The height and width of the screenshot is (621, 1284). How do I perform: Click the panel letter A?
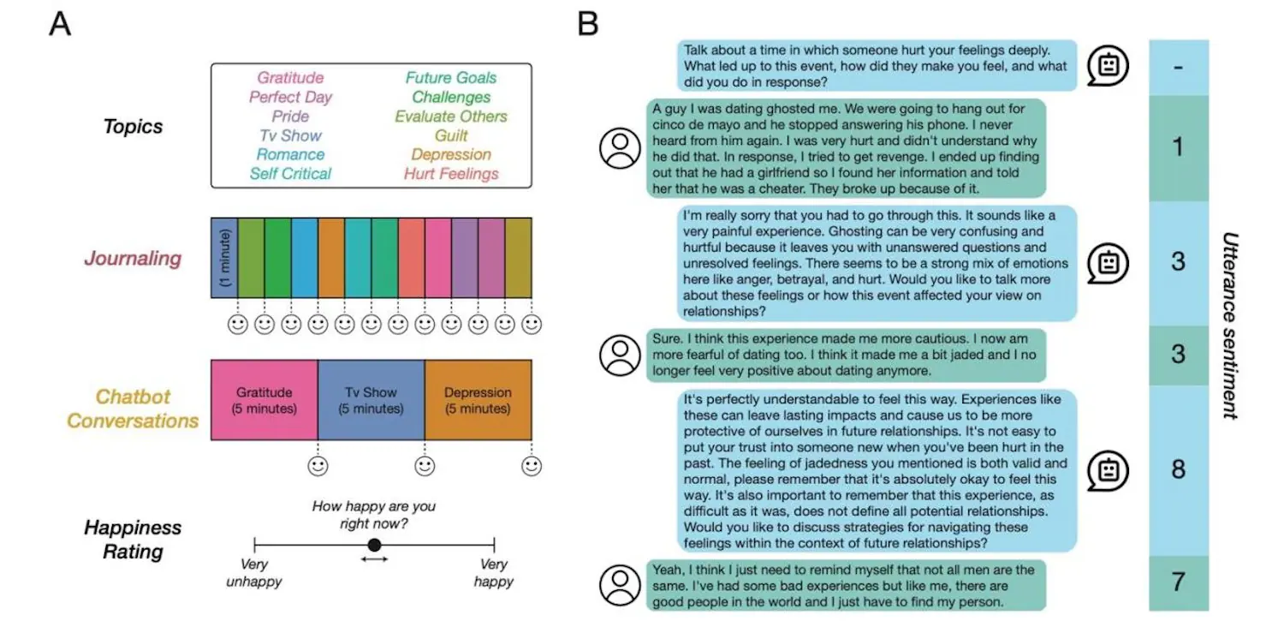coord(60,24)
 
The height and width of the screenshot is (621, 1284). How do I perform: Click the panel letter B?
coord(587,24)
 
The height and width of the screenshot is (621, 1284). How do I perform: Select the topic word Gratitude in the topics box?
coord(290,78)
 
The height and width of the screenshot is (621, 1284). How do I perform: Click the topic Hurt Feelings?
coord(451,174)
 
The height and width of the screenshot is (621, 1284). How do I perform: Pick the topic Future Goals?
coord(450,78)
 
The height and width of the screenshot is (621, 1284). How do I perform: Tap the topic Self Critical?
coord(290,174)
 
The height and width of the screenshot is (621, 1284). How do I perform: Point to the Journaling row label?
coord(133,258)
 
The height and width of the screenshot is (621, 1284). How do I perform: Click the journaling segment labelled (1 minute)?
coord(224,258)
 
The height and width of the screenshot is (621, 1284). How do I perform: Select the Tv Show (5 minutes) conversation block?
coord(371,400)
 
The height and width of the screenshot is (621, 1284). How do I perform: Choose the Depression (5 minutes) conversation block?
coord(478,400)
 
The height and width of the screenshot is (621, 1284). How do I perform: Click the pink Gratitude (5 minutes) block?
coord(264,400)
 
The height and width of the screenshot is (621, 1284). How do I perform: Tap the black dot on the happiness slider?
coord(374,545)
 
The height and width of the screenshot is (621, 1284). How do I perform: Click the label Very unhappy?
coord(254,573)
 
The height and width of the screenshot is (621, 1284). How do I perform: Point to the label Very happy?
coord(494,573)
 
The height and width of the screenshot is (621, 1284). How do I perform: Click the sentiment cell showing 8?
coord(1178,469)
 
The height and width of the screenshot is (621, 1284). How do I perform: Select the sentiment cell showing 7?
coord(1178,582)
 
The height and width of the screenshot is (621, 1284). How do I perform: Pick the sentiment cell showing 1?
coord(1178,147)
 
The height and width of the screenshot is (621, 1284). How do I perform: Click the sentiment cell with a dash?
coord(1178,67)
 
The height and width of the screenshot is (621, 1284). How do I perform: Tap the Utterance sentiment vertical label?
coord(1229,325)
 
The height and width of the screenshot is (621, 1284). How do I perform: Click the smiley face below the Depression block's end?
coord(532,467)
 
